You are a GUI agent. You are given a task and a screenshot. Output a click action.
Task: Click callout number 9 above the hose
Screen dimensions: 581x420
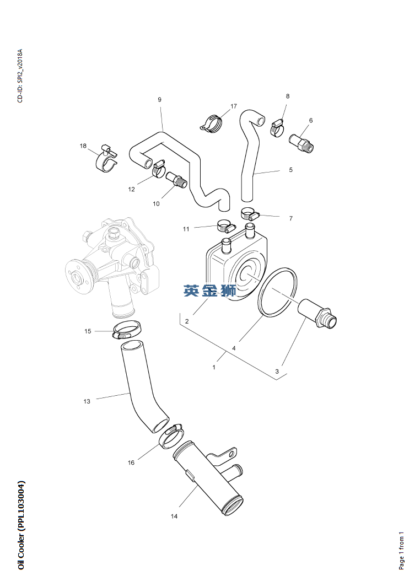pyautogui.click(x=159, y=100)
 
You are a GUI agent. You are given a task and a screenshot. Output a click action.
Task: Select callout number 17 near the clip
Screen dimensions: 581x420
pyautogui.click(x=234, y=106)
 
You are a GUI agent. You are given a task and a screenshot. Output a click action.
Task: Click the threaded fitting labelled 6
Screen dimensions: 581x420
pyautogui.click(x=300, y=141)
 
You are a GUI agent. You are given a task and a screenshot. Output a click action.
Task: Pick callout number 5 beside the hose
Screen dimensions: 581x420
pyautogui.click(x=290, y=170)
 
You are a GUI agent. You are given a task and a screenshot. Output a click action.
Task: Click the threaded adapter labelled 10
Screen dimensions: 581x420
pyautogui.click(x=178, y=180)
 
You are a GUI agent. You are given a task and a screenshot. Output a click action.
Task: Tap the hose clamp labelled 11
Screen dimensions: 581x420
pyautogui.click(x=225, y=226)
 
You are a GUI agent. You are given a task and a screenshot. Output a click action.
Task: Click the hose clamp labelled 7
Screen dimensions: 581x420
pyautogui.click(x=249, y=213)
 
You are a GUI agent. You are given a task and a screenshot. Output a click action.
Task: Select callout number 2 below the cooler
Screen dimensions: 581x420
pyautogui.click(x=187, y=321)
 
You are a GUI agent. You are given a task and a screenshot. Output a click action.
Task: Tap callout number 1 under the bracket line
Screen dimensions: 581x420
pyautogui.click(x=214, y=367)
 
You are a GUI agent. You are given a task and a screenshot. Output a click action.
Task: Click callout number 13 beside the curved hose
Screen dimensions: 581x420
pyautogui.click(x=87, y=401)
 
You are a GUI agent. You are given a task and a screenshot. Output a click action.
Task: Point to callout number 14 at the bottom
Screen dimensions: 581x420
pyautogui.click(x=174, y=517)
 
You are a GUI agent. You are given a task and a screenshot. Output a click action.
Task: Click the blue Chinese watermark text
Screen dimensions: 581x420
pyautogui.click(x=210, y=290)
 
